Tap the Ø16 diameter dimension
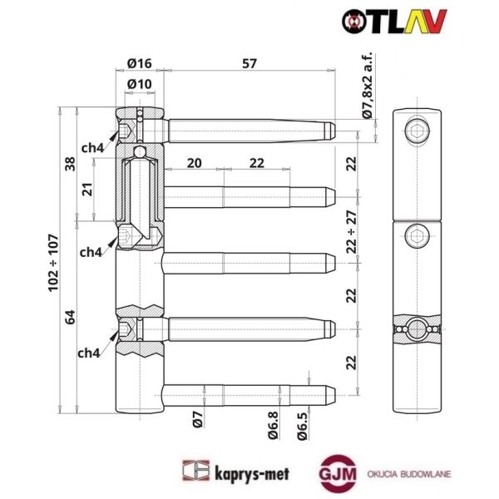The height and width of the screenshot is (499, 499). pos(139,62)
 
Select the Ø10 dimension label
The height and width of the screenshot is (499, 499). pos(139,83)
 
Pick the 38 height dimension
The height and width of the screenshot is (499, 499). pos(71,165)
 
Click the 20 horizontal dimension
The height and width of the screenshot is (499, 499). pos(194,164)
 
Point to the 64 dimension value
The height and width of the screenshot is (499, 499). pos(71,316)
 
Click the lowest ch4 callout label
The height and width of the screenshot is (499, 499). pos(89,353)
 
